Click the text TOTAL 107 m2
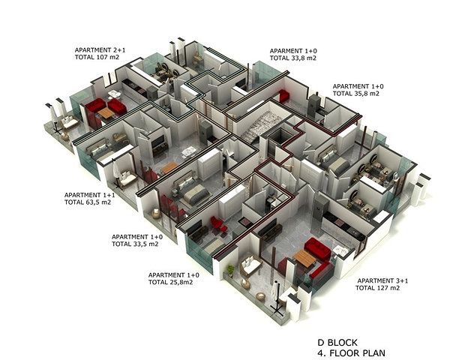[x=97, y=57]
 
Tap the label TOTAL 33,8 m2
[x=293, y=58]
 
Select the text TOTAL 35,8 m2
[x=355, y=94]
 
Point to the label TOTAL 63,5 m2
[x=88, y=202]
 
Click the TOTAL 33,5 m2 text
[x=135, y=244]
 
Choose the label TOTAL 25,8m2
[x=170, y=282]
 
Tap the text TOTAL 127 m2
[x=377, y=288]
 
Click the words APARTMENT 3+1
[x=382, y=280]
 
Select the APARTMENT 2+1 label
[x=100, y=49]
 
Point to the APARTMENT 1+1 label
[x=90, y=195]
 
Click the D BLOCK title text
[x=337, y=343]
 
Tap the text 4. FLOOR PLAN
[x=351, y=352]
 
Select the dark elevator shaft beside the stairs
[x=277, y=139]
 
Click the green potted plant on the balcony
[x=230, y=270]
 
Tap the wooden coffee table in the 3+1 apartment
[x=304, y=258]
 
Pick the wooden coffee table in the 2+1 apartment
[x=106, y=113]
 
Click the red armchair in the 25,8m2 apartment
[x=217, y=224]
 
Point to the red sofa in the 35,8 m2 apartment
[x=283, y=95]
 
